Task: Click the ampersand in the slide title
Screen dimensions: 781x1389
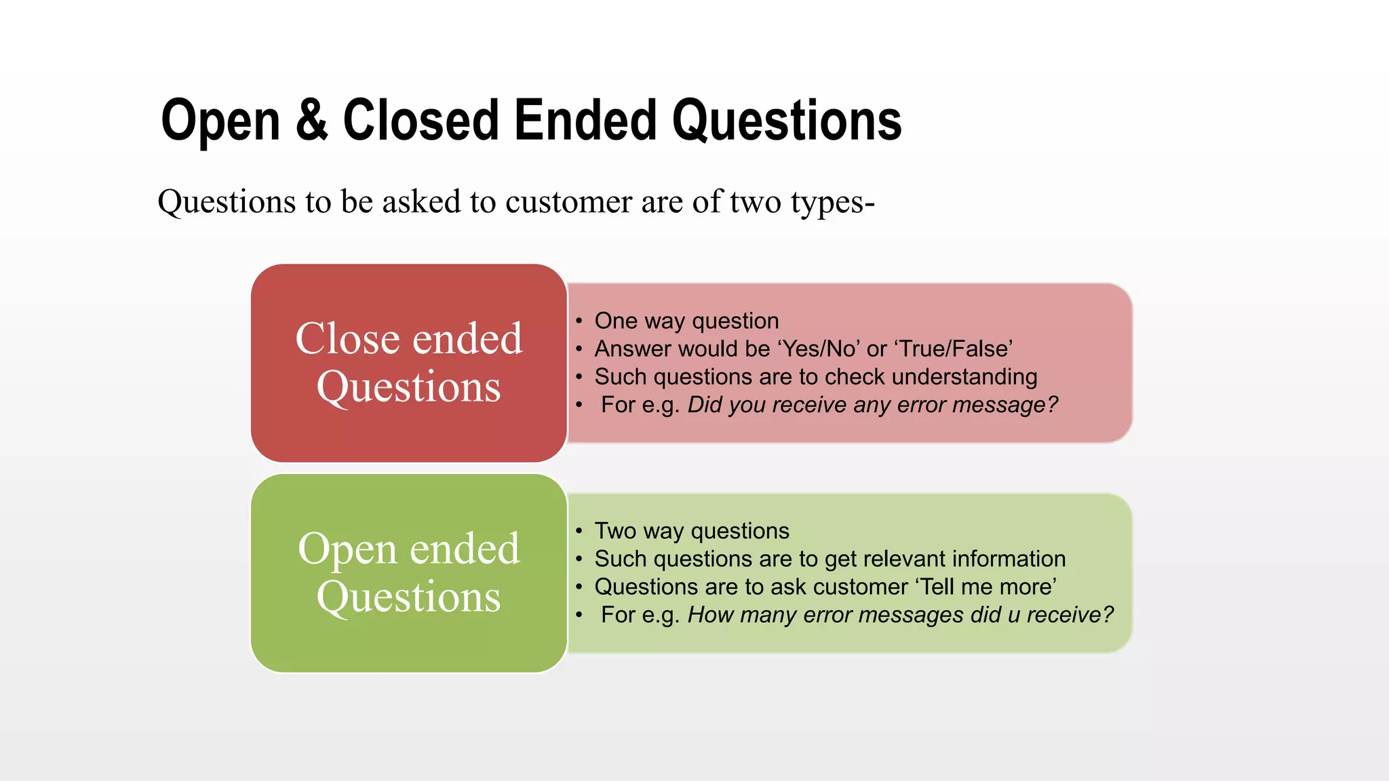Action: click(311, 121)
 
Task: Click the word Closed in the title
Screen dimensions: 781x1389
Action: click(421, 121)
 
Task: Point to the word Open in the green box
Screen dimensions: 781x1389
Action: click(348, 548)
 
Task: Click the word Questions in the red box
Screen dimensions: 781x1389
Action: click(408, 387)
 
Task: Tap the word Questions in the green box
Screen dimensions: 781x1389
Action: click(408, 597)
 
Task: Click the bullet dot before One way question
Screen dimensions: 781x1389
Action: click(579, 321)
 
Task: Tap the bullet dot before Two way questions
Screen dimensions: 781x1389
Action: click(579, 532)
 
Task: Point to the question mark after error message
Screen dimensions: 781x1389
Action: click(1052, 405)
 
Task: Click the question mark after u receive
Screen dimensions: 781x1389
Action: click(1108, 615)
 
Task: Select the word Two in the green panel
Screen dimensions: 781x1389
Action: click(614, 531)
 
